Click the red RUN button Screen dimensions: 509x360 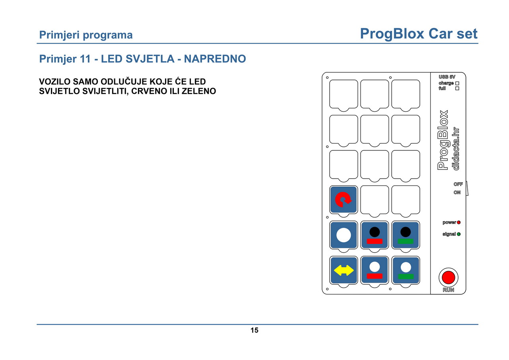click(448, 277)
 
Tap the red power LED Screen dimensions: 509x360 click(458, 222)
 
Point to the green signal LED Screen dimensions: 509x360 click(458, 234)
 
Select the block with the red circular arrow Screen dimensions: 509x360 click(343, 200)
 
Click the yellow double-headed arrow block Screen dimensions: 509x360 click(343, 270)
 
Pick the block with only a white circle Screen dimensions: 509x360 click(343, 235)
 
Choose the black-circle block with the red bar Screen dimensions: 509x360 click(375, 235)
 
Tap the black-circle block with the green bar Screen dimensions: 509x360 click(406, 235)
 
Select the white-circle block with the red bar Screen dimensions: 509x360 click(375, 270)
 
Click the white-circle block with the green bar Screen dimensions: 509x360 click(406, 270)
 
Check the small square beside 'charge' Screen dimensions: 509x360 click(457, 84)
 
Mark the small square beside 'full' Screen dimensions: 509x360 click(457, 88)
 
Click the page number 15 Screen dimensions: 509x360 click(254, 330)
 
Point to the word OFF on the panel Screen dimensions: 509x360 click(458, 184)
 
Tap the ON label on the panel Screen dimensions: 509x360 click(457, 192)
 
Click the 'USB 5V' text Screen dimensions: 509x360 click(447, 77)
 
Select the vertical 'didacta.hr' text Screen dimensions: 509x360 click(455, 149)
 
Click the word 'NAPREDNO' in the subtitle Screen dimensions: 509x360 click(215, 59)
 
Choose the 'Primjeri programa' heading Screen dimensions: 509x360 click(86, 35)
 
